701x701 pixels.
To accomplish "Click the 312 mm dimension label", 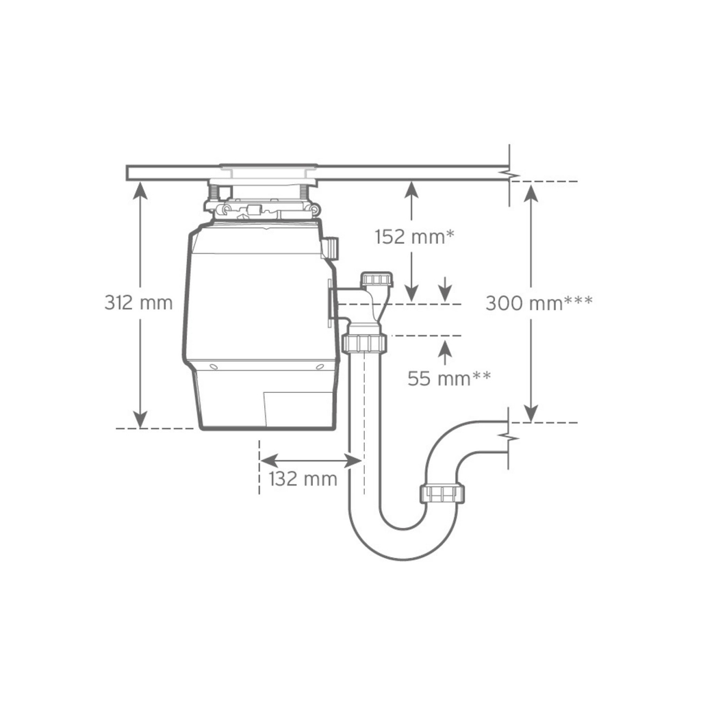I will [138, 303].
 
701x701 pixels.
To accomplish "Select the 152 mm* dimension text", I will [415, 237].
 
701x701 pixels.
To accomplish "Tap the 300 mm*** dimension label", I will [539, 303].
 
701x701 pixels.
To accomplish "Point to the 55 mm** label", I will [449, 377].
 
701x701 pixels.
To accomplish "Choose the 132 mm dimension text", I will [303, 479].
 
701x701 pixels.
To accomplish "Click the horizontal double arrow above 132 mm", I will [310, 459].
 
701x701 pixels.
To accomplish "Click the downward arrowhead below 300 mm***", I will [531, 413].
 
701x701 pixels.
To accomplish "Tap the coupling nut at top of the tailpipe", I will [363, 342].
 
